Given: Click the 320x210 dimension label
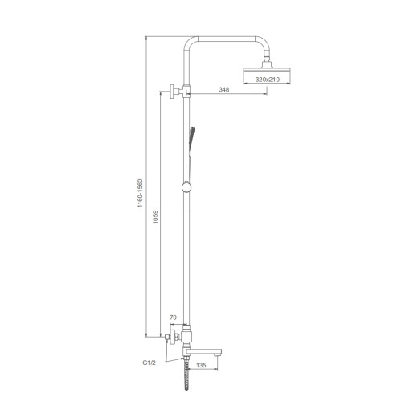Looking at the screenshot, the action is point(267,80).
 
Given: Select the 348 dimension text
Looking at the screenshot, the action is point(224,89).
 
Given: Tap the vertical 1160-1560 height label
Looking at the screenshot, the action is point(140,193).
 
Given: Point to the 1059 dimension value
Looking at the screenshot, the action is point(155,217).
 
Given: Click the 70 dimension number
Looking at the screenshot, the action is point(173,318).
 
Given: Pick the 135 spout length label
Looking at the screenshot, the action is point(201,365).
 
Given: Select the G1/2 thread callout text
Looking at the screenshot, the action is point(149,363).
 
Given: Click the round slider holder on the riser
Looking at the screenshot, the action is point(186,186).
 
